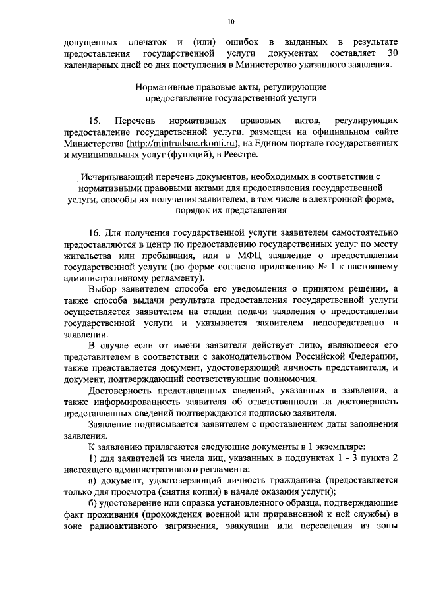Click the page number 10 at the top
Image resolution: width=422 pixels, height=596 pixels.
(x=230, y=22)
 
